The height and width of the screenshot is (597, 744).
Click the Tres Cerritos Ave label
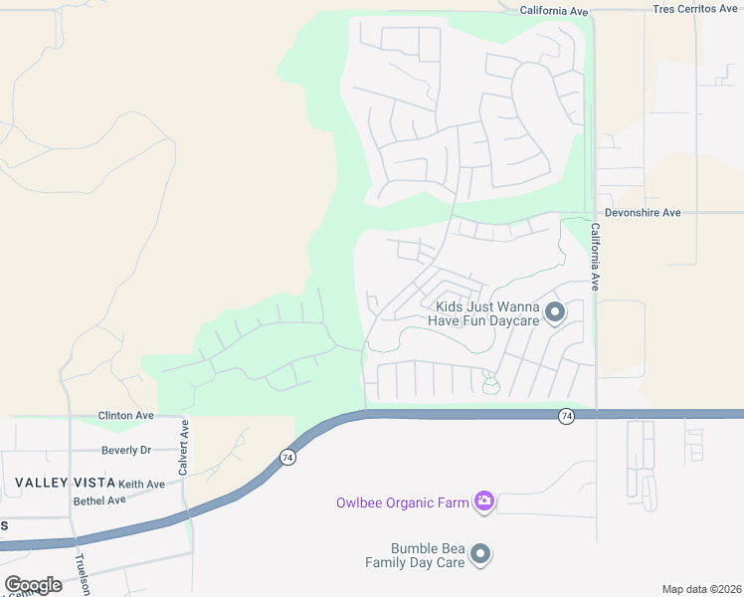click(696, 8)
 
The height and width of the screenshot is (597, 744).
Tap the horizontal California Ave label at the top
click(555, 11)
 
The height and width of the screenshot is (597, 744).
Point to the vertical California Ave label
click(595, 256)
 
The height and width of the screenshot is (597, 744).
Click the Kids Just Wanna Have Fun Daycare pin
click(556, 313)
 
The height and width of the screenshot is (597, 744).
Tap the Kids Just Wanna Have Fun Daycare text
click(483, 314)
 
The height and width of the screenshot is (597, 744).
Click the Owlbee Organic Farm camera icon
click(484, 501)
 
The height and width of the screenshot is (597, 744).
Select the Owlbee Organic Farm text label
click(402, 502)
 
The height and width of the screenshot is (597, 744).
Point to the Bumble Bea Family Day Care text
click(428, 555)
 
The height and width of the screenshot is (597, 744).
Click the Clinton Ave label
click(125, 416)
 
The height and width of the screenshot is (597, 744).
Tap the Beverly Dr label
click(126, 450)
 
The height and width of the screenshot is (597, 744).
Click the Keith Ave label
click(141, 484)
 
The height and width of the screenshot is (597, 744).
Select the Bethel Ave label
click(99, 499)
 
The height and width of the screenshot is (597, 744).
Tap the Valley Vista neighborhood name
click(62, 483)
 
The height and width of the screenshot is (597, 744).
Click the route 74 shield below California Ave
click(566, 415)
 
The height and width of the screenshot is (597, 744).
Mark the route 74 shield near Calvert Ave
click(287, 458)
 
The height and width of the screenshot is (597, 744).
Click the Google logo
click(33, 585)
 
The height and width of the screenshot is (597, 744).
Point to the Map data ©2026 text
click(701, 589)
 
